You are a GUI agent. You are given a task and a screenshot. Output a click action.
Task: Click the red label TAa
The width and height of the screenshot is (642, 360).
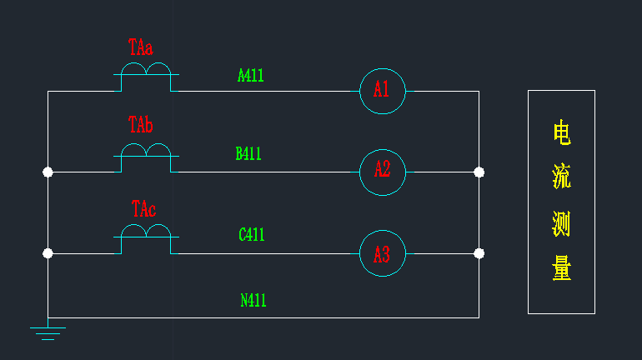140,47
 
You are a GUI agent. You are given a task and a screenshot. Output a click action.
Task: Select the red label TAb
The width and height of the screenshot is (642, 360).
140,124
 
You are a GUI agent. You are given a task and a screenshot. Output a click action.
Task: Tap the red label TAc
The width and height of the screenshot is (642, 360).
143,208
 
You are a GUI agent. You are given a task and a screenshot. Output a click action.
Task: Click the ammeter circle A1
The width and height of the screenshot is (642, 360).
383,68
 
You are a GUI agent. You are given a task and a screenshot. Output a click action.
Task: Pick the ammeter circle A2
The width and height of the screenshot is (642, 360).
383,149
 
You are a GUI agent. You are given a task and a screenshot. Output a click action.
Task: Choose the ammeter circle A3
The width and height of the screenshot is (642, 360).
383,230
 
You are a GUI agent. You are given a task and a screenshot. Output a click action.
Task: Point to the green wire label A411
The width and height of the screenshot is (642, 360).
251,76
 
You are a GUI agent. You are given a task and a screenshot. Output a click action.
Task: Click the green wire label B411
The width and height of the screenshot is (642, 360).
248,153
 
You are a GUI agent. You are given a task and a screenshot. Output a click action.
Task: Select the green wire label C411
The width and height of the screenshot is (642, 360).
252,234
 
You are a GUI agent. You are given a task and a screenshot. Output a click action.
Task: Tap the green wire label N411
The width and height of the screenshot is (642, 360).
253,300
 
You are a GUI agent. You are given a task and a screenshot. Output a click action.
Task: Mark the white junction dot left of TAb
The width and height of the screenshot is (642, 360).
48,172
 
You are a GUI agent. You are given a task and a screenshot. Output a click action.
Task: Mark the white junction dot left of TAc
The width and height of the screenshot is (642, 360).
48,253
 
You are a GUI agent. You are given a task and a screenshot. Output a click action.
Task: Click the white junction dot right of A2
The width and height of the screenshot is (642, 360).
479,172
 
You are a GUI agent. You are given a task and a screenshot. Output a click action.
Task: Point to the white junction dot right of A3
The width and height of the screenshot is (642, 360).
479,253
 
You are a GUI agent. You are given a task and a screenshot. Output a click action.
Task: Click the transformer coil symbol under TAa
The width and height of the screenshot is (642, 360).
146,74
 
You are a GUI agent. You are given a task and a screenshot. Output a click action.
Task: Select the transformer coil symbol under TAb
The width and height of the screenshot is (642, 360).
146,156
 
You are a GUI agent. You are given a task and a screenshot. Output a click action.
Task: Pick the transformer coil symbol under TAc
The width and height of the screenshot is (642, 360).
146,237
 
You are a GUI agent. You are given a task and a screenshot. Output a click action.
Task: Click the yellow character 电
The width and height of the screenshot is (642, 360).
562,132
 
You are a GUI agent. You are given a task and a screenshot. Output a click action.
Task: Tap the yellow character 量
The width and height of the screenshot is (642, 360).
562,268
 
